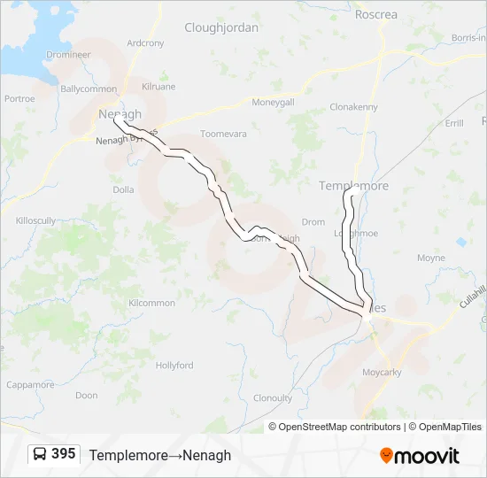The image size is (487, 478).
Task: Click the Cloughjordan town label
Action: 221,27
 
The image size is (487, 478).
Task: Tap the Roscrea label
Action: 376,15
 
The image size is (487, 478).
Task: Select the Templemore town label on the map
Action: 353,186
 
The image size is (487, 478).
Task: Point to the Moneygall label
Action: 273,103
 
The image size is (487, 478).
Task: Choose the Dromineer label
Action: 69,54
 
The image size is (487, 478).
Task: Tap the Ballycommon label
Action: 89,89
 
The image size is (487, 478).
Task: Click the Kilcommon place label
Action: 151,303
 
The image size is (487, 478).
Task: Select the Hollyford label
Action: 174,365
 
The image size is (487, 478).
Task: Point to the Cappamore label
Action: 30,384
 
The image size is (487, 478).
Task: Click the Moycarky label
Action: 382,373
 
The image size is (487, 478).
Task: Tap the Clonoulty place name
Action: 273,398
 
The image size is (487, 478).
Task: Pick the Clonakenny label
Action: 353,107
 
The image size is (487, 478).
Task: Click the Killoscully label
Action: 35,220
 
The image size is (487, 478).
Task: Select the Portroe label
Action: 19,99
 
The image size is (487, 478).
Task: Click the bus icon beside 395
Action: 40,454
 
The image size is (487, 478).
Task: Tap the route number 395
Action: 64,454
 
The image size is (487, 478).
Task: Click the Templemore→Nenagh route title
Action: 160,455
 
